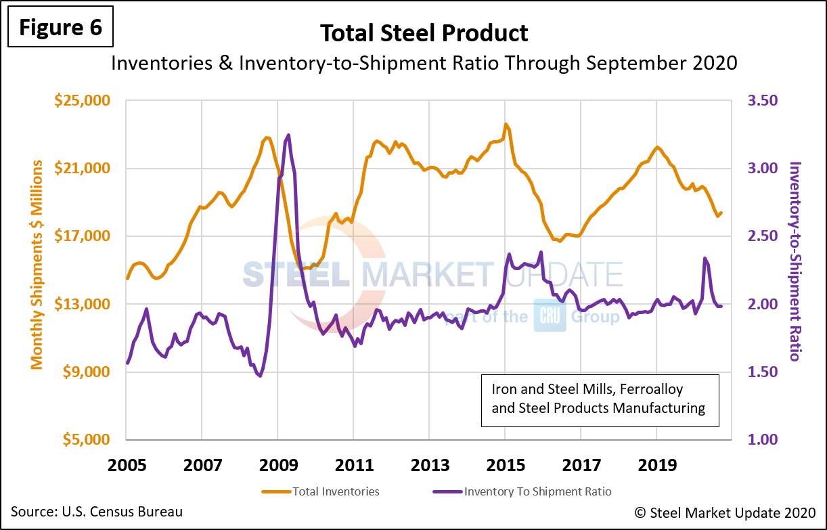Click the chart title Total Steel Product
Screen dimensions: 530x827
click(424, 32)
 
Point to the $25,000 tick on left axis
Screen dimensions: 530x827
click(82, 101)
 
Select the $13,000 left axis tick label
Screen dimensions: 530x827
click(82, 304)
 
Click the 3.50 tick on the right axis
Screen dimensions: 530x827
click(763, 101)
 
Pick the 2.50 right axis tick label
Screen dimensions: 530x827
click(763, 236)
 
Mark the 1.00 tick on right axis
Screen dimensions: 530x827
click(763, 439)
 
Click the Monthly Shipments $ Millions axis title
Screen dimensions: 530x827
click(37, 265)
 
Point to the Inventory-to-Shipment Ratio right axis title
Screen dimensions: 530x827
click(796, 261)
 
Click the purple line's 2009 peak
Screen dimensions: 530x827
click(289, 135)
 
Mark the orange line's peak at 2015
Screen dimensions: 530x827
click(505, 125)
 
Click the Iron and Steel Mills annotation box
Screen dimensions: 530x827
click(599, 399)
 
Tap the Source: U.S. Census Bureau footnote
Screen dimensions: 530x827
click(97, 512)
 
